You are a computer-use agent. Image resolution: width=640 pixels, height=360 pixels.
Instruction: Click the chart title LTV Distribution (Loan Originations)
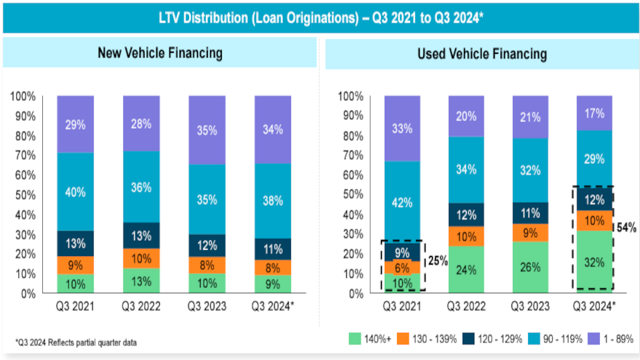[x=320, y=16]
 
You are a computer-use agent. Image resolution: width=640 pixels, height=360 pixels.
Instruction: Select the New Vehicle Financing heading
[x=160, y=53]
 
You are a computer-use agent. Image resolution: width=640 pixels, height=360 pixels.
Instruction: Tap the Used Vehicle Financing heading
[x=482, y=54]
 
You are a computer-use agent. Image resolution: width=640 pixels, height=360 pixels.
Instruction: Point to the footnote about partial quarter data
[x=76, y=342]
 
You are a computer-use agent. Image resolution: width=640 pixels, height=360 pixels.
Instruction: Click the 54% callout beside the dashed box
[x=626, y=228]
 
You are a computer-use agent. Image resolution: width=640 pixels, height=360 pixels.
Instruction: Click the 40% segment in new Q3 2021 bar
[x=75, y=192]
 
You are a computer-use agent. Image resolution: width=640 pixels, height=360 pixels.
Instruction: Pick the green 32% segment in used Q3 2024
[x=594, y=262]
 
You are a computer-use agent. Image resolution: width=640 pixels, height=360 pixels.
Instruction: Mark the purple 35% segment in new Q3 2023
[x=207, y=130]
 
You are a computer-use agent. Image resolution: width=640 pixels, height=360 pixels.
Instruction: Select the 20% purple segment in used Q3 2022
[x=466, y=116]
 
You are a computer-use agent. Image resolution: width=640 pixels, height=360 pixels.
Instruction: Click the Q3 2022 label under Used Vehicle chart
[x=466, y=306]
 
